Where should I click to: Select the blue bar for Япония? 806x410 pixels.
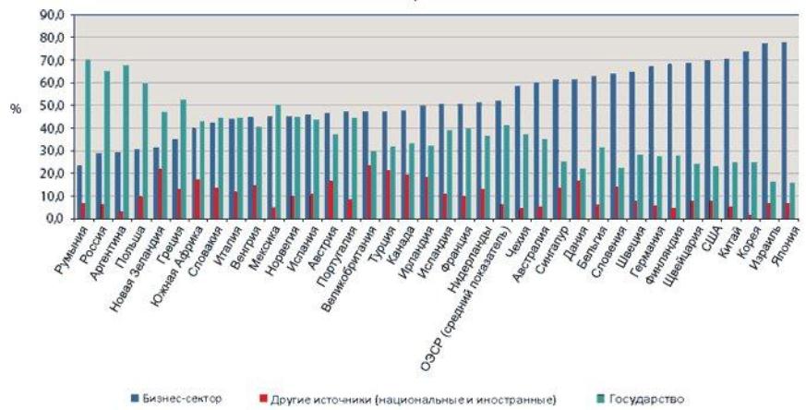click(784, 130)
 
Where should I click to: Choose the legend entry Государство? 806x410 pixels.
click(650, 399)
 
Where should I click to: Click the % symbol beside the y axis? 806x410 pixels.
click(15, 108)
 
